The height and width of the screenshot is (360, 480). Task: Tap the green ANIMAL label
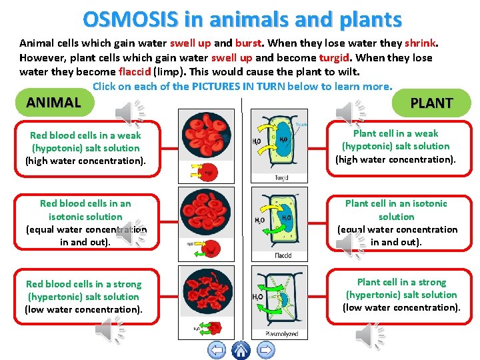[x=53, y=102]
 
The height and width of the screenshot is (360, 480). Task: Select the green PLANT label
[x=431, y=103]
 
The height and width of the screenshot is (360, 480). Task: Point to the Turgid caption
[x=281, y=177]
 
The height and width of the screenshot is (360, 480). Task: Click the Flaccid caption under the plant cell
[x=283, y=256]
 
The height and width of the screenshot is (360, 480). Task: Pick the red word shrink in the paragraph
[x=420, y=43]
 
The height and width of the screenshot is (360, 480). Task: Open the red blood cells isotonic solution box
[x=85, y=223]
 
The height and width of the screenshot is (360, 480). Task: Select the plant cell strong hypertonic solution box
[x=401, y=295]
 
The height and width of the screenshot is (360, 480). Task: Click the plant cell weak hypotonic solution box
[x=396, y=146]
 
